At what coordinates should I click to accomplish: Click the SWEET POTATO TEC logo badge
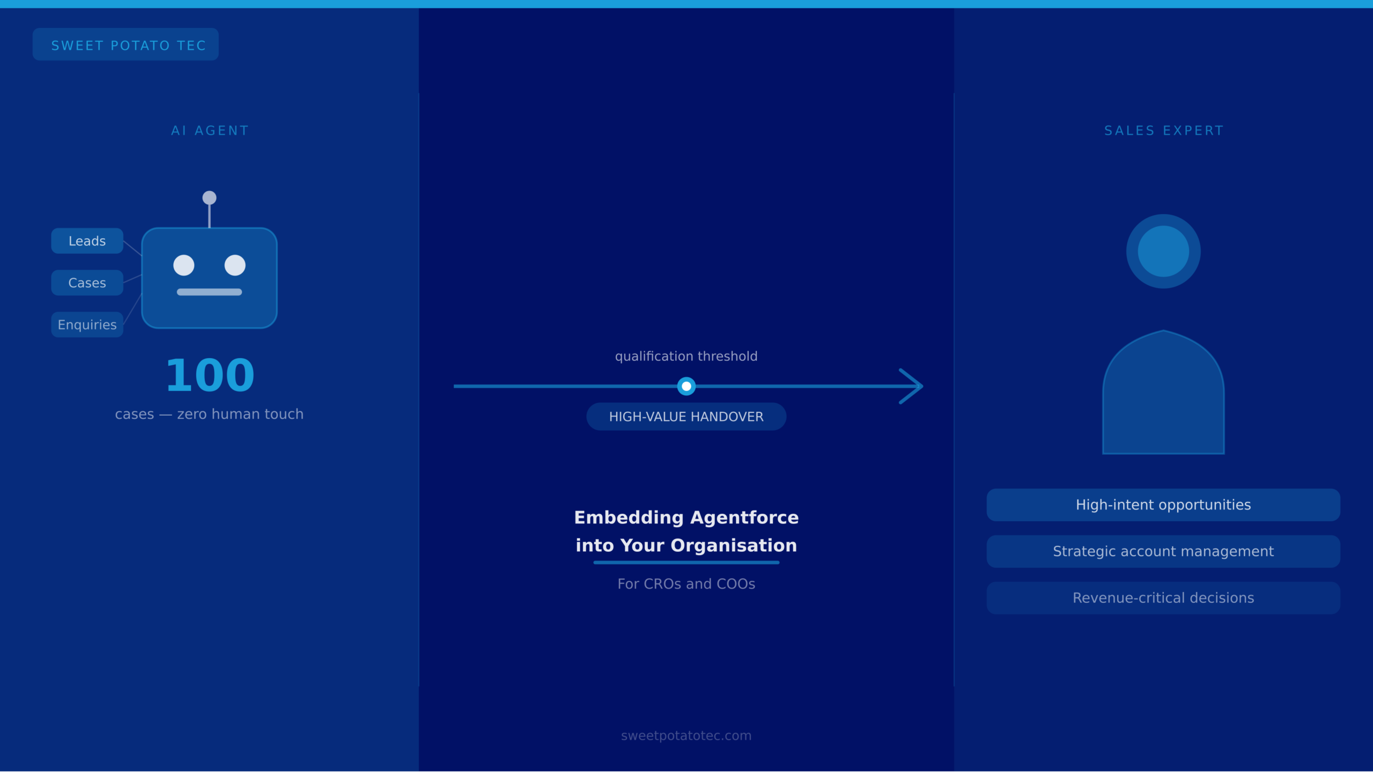[x=126, y=45]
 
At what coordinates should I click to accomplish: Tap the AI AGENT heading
[x=210, y=131]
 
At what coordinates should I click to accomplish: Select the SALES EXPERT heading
[x=1164, y=131]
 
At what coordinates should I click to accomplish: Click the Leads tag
[x=87, y=241]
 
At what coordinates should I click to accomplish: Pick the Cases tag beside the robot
[x=87, y=283]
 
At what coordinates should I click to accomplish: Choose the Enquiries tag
[x=87, y=325]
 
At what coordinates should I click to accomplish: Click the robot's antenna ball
[x=209, y=198]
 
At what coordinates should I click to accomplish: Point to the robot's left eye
[x=184, y=265]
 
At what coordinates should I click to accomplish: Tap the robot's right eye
[x=235, y=265]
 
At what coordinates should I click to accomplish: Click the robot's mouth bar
[x=209, y=292]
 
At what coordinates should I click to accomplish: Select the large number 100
[x=210, y=375]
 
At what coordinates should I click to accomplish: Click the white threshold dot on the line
[x=686, y=386]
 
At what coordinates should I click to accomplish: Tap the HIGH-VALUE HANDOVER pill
[x=686, y=417]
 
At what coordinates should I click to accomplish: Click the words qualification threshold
[x=686, y=357]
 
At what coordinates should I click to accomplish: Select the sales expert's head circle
[x=1163, y=252]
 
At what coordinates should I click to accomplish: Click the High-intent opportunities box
[x=1163, y=505]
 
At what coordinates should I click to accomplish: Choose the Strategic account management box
[x=1163, y=552]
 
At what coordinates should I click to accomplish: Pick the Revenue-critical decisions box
[x=1163, y=598]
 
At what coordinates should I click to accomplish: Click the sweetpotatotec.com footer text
[x=686, y=736]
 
